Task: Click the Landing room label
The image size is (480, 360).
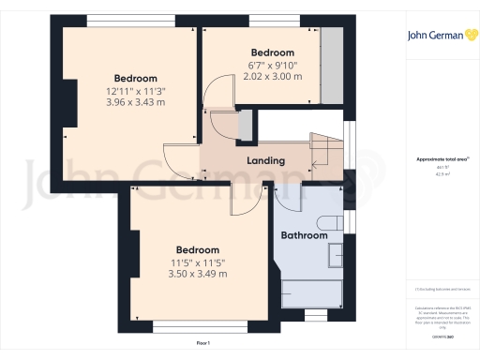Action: [265, 160]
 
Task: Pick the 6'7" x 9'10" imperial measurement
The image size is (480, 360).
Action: [272, 64]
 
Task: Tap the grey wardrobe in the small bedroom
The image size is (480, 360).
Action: [331, 66]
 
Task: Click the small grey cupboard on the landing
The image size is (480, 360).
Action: [246, 125]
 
